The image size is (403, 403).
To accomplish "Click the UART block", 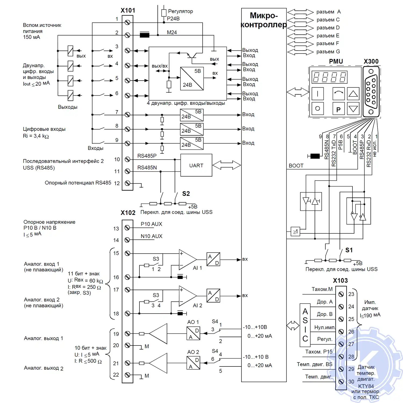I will click(x=196, y=165).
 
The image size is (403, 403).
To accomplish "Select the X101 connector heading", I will click(x=128, y=10).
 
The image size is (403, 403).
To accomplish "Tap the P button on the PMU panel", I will click(x=338, y=109).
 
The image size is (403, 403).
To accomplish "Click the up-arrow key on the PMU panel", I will click(x=353, y=94).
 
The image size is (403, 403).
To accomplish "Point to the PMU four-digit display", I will click(x=329, y=77).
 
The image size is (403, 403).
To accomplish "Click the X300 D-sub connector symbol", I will click(x=371, y=92).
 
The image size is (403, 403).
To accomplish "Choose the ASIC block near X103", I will click(x=305, y=325).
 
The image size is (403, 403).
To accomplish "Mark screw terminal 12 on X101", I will click(x=128, y=183).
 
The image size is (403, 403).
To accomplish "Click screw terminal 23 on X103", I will click(x=341, y=294).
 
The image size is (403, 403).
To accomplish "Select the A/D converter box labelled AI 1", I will click(x=213, y=259).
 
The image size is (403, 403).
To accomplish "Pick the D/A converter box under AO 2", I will click(x=193, y=363).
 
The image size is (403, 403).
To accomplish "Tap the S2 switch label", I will click(x=186, y=194).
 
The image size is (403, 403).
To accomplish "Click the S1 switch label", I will click(x=349, y=250).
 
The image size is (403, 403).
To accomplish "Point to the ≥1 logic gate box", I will click(x=295, y=231).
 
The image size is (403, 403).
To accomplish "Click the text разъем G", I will click(x=328, y=52).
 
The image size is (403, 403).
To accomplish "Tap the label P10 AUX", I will click(x=151, y=224).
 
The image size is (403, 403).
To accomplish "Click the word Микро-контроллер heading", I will click(x=264, y=20).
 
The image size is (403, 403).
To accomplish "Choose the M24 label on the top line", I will click(x=172, y=33).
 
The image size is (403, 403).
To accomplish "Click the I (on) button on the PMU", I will click(x=318, y=94).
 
